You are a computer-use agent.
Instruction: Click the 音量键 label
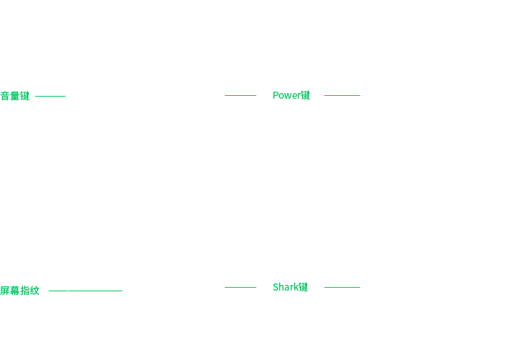[x=15, y=96]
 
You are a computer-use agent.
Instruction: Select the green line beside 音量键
[x=50, y=97]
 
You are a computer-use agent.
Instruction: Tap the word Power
[x=286, y=95]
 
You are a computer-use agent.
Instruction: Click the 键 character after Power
[x=306, y=95]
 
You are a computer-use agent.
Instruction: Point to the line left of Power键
[x=241, y=96]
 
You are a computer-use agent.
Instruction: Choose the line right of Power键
[x=342, y=96]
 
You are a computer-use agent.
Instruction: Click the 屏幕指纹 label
[x=20, y=291]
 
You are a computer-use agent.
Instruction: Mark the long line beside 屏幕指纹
[x=85, y=291]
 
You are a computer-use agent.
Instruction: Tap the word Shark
[x=286, y=287]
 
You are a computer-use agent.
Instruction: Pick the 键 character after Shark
[x=304, y=287]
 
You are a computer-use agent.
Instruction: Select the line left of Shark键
[x=241, y=287]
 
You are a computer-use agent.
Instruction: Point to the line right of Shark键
[x=342, y=287]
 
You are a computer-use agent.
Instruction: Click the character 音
[x=5, y=96]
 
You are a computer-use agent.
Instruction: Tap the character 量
[x=15, y=96]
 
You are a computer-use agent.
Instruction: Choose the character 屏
[x=5, y=291]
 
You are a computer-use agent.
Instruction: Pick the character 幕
[x=15, y=291]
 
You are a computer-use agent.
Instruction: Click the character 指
[x=25, y=291]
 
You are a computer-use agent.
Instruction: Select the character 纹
[x=35, y=291]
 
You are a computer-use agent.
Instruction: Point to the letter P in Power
[x=276, y=95]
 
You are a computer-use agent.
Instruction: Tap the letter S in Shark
[x=276, y=287]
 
